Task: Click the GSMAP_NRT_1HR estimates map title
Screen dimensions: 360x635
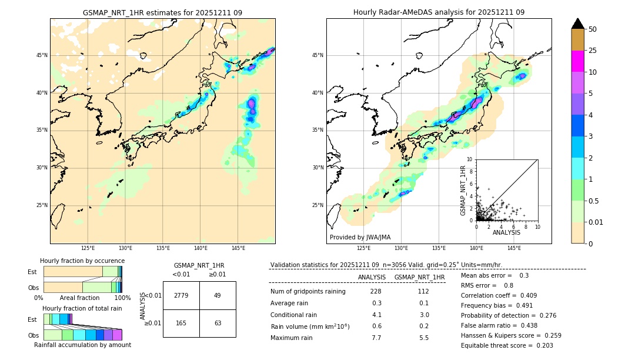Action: [162, 12]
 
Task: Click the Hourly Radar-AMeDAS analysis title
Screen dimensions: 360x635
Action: [439, 12]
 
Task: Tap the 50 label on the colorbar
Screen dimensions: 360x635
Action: [593, 29]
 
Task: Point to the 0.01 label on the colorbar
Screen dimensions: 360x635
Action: [596, 222]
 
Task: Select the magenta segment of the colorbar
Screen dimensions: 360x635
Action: [577, 61]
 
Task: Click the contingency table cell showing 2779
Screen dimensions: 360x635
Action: [181, 295]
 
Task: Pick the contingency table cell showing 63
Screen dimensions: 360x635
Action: [218, 323]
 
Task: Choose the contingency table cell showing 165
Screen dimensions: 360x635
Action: [181, 323]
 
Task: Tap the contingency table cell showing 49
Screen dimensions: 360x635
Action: [218, 295]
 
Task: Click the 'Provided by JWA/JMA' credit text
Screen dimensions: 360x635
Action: [360, 237]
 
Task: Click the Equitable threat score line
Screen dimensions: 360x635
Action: [507, 345]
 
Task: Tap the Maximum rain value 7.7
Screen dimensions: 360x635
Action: [376, 338]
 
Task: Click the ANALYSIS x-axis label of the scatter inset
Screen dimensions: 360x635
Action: [506, 232]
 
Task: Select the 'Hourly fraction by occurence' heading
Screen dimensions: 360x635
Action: [82, 261]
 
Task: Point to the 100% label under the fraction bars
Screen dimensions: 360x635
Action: [122, 298]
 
